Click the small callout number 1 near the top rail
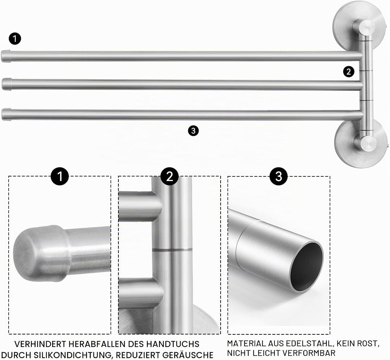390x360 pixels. tap(15, 39)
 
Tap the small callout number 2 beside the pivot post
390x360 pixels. tap(348, 72)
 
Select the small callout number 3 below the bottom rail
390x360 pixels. tap(193, 130)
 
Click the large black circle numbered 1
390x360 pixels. tap(60, 176)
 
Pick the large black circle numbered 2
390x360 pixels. tap(170, 176)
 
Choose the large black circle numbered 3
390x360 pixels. tap(278, 176)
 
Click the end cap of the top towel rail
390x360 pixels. tap(6, 56)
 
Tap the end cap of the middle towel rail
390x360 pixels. tap(7, 84)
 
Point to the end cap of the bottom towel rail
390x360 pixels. tap(6, 114)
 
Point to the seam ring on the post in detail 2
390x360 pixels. tap(172, 249)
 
